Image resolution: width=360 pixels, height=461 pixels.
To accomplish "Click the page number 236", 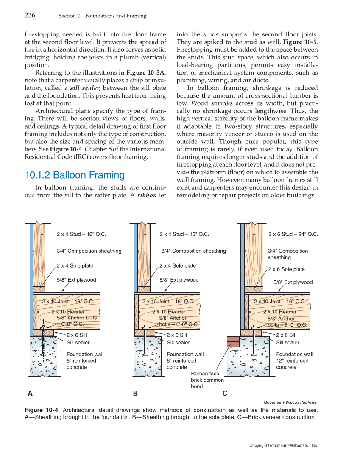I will coord(30,16).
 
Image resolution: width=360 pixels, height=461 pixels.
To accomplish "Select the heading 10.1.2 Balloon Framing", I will coord(75,175).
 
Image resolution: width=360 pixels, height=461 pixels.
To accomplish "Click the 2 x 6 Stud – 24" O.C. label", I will coord(293,234).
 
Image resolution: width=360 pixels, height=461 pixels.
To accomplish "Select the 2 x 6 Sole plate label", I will coord(286,269).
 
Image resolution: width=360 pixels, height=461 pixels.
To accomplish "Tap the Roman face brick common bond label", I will coord(207,380).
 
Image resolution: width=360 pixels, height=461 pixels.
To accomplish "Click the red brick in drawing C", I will coord(233,342).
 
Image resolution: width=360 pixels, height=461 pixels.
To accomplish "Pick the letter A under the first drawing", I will coord(30,394).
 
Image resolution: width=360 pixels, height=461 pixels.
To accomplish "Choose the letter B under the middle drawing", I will coord(135,394).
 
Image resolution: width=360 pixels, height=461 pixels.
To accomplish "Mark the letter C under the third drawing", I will coord(225,394).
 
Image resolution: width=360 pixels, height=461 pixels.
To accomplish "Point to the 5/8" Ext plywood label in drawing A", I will coord(76,280).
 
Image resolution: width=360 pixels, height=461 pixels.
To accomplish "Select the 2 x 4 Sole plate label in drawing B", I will coord(178,266).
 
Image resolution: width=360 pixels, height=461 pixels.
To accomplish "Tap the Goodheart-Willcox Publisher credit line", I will coord(290,402).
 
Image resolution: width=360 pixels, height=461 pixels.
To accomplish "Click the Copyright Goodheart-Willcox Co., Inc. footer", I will coord(283,446).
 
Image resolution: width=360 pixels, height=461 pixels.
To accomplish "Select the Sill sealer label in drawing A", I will coord(78,342).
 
